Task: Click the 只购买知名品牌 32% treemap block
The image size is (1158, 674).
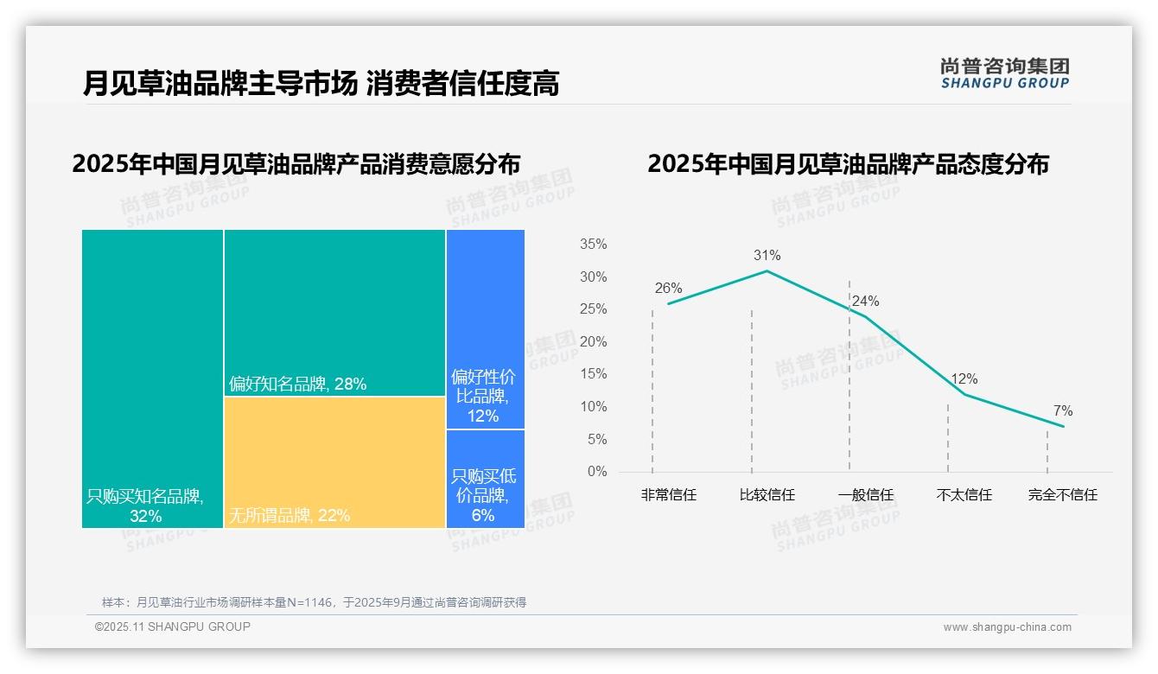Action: pos(152,378)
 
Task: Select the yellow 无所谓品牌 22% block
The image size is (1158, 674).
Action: pos(334,462)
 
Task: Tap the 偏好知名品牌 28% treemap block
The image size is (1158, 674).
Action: pos(334,312)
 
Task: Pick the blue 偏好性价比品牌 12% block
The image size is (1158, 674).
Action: pos(485,328)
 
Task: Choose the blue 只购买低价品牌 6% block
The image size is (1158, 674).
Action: pos(485,479)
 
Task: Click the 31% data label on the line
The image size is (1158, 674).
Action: pos(767,256)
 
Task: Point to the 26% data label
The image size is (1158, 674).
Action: pos(668,289)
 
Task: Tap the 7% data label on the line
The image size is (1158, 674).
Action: pos(1062,411)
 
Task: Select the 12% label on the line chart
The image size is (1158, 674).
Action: pos(964,379)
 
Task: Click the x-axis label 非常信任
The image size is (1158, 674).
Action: pos(668,495)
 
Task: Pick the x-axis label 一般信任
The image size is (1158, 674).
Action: pos(865,495)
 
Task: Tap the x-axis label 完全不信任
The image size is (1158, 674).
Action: pos(1062,495)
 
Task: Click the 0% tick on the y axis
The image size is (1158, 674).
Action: pos(596,472)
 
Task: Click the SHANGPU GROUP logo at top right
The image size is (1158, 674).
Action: pos(1004,73)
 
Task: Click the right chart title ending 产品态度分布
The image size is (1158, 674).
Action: pos(847,164)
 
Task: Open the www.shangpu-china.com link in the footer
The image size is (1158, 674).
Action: pos(1007,627)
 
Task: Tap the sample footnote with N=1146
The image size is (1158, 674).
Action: pos(314,602)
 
